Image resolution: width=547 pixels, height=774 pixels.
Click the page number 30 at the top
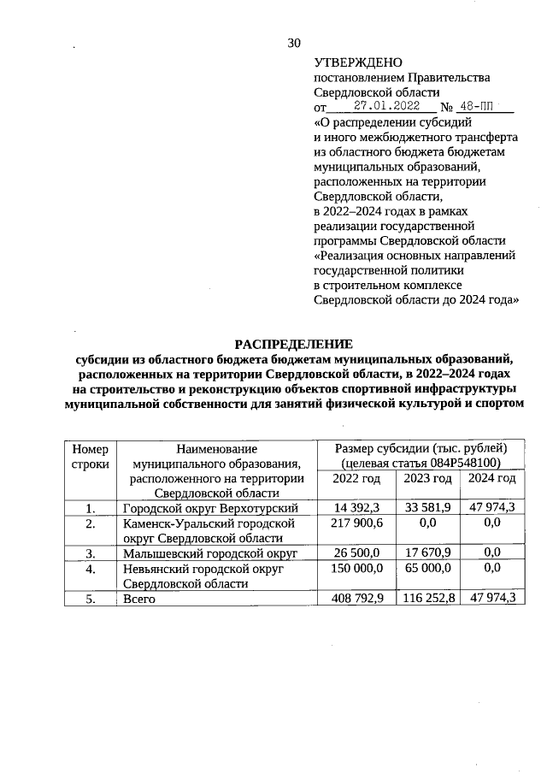click(x=295, y=43)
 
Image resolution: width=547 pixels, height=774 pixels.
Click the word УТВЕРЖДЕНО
click(x=358, y=62)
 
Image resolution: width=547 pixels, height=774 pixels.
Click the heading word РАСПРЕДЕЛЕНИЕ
click(x=295, y=344)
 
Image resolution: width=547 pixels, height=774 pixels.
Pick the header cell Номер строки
click(x=91, y=456)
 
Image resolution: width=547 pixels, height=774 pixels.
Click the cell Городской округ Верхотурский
click(x=209, y=510)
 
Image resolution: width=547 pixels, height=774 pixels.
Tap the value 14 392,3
click(x=356, y=510)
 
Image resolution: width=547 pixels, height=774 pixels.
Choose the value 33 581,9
click(x=427, y=510)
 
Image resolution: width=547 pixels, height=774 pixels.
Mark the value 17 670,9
click(x=427, y=553)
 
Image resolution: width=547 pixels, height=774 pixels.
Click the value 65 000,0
click(x=427, y=568)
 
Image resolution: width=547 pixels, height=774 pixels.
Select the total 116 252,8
click(x=427, y=599)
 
